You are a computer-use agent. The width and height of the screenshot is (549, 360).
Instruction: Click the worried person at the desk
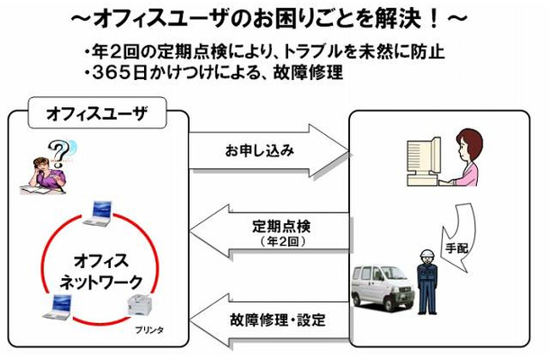click(44, 171)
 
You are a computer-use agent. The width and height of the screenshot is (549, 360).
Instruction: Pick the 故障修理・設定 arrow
click(269, 320)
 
